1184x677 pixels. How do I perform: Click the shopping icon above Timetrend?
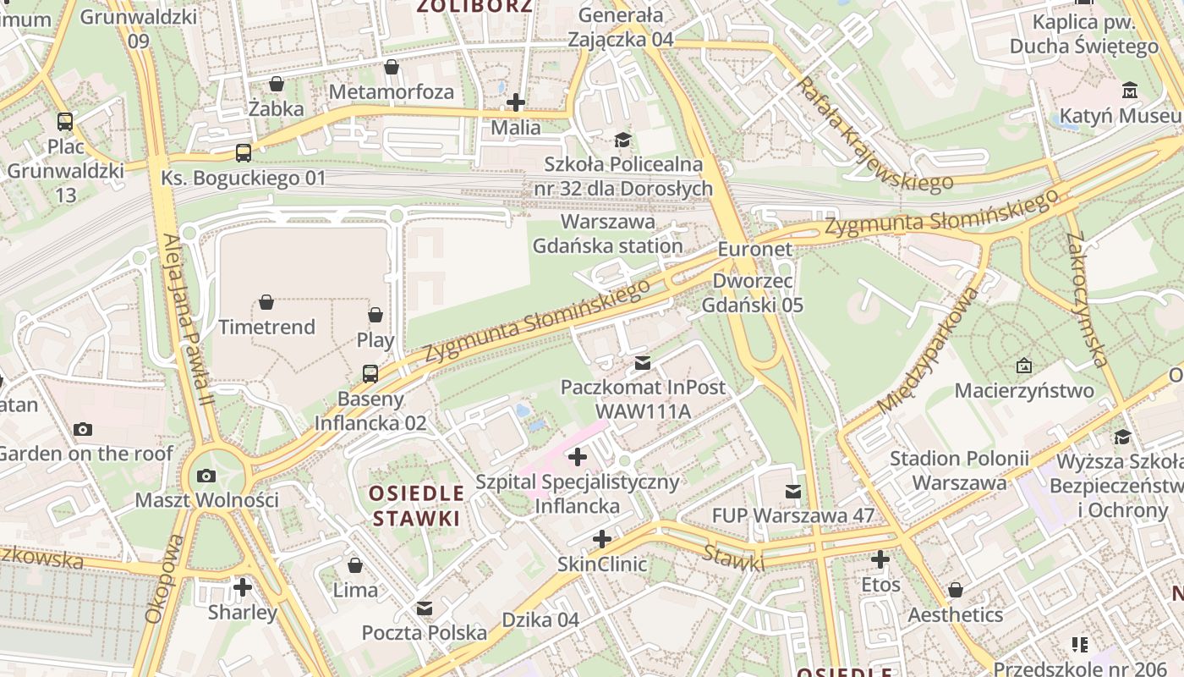pyautogui.click(x=266, y=302)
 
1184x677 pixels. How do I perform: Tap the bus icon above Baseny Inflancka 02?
pyautogui.click(x=370, y=373)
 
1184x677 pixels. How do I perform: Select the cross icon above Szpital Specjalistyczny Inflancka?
pyautogui.click(x=578, y=458)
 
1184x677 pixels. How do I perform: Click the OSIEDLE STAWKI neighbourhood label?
pyautogui.click(x=418, y=505)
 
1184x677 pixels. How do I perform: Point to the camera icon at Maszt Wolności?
pyautogui.click(x=206, y=476)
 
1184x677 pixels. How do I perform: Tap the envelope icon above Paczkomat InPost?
pyautogui.click(x=643, y=363)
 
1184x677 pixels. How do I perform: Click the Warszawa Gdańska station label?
pyautogui.click(x=607, y=234)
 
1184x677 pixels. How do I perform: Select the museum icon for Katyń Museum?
pyautogui.click(x=1130, y=91)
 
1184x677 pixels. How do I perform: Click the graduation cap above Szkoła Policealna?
pyautogui.click(x=622, y=140)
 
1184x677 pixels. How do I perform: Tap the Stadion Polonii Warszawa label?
pyautogui.click(x=959, y=471)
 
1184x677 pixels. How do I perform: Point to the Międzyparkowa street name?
pyautogui.click(x=929, y=350)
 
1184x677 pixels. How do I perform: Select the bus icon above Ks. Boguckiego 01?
pyautogui.click(x=244, y=153)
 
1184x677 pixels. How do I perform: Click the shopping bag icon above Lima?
pyautogui.click(x=355, y=564)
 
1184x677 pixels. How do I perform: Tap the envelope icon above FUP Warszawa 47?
pyautogui.click(x=792, y=491)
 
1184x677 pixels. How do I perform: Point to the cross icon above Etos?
pyautogui.click(x=880, y=559)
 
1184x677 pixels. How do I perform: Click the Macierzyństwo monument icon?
pyautogui.click(x=1024, y=366)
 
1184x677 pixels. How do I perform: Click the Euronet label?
pyautogui.click(x=755, y=249)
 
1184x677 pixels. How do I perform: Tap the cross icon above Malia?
pyautogui.click(x=515, y=103)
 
